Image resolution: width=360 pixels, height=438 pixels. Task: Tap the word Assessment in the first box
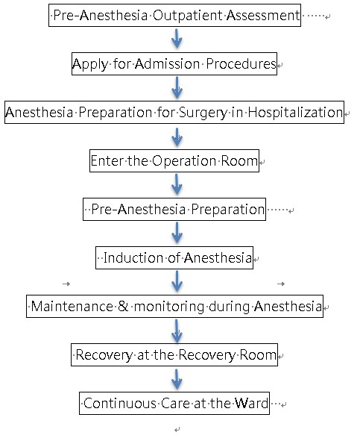(x=263, y=16)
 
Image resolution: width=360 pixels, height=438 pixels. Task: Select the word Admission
(x=168, y=63)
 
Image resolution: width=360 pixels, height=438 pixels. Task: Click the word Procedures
(x=241, y=63)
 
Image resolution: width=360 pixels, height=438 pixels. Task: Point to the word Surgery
(x=203, y=113)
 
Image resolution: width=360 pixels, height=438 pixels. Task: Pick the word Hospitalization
(x=295, y=113)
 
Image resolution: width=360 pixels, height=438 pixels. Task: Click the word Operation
(x=184, y=161)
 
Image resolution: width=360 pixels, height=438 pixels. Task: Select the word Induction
(x=133, y=257)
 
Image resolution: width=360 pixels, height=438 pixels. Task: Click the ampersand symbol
(x=123, y=306)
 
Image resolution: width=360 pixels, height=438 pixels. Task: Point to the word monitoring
(x=169, y=307)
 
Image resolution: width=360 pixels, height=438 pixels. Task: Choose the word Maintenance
(x=72, y=306)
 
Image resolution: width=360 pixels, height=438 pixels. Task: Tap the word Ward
(x=251, y=403)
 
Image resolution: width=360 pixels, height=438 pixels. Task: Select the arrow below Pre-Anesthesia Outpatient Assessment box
(x=177, y=39)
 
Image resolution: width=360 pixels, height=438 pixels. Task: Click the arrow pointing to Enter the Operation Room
(x=177, y=137)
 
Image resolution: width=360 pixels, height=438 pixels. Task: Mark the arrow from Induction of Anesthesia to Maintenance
(x=177, y=281)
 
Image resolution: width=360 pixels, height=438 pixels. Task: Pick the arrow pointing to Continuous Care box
(x=177, y=379)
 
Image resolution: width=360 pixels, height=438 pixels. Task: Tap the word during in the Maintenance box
(x=229, y=307)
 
